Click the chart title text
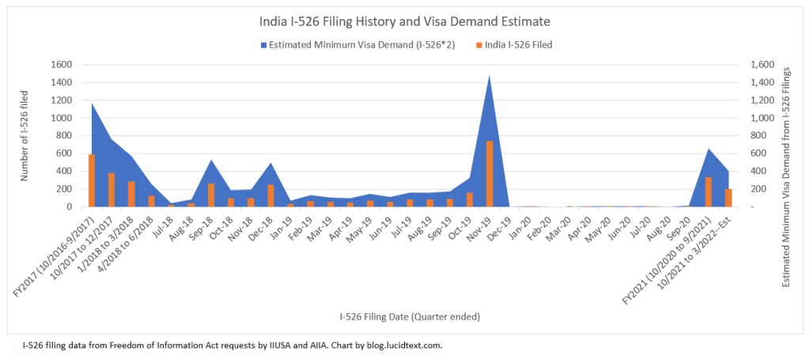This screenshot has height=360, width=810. pyautogui.click(x=404, y=21)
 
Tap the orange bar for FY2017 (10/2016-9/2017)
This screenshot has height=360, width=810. pyautogui.click(x=92, y=180)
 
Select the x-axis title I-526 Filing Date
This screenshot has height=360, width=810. pyautogui.click(x=410, y=316)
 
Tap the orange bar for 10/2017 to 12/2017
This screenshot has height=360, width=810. pyautogui.click(x=112, y=190)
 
